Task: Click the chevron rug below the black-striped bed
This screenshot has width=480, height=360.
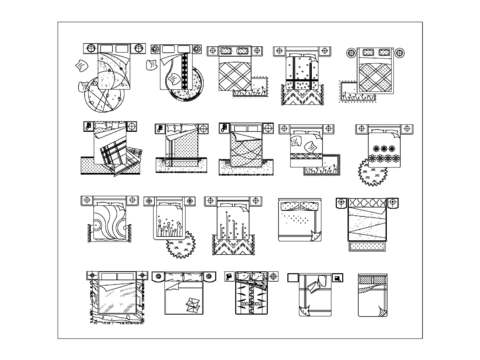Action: tap(301, 95)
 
